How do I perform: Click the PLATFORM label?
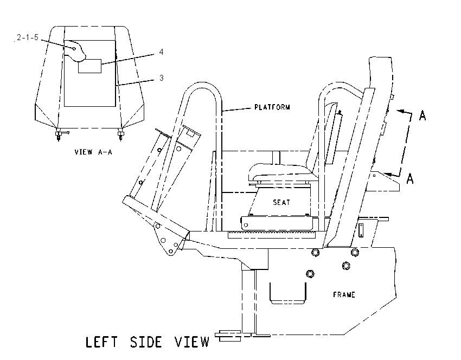pyautogui.click(x=272, y=107)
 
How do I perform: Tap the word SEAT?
pyautogui.click(x=281, y=202)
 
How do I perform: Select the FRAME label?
pyautogui.click(x=344, y=294)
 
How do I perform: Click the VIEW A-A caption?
pyautogui.click(x=93, y=152)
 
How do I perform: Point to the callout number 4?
pyautogui.click(x=161, y=52)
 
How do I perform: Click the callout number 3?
pyautogui.click(x=162, y=78)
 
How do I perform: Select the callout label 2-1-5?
pyautogui.click(x=28, y=37)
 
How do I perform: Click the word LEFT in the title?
pyautogui.click(x=101, y=342)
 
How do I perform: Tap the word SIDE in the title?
pyautogui.click(x=146, y=342)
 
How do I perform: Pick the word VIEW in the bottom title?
pyautogui.click(x=191, y=342)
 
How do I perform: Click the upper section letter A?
pyautogui.click(x=422, y=116)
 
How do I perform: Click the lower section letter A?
pyautogui.click(x=410, y=178)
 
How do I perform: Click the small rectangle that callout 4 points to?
pyautogui.click(x=89, y=66)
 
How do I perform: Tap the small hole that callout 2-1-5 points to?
pyautogui.click(x=74, y=49)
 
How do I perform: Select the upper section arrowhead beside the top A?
pyautogui.click(x=400, y=111)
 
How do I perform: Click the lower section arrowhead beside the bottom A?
pyautogui.click(x=388, y=175)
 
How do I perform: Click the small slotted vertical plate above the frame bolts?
pyautogui.click(x=361, y=230)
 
